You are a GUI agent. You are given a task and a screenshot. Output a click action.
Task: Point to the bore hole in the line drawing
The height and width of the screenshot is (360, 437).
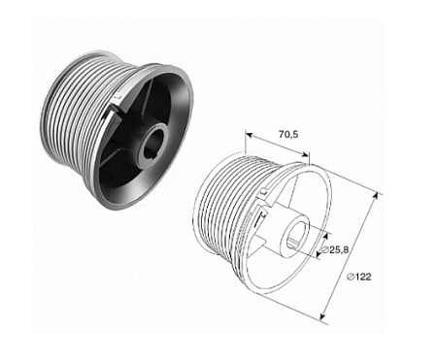tap(297, 234)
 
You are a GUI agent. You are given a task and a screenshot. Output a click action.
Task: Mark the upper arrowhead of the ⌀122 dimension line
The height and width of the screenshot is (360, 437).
tap(375, 194)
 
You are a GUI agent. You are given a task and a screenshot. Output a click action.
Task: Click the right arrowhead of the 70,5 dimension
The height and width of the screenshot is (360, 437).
tap(309, 154)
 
